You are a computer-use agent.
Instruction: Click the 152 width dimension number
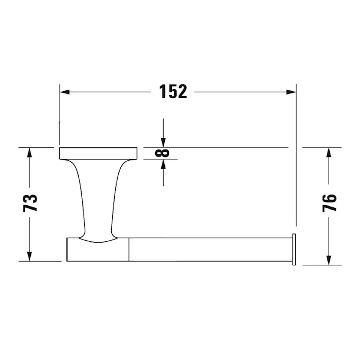pos(173,92)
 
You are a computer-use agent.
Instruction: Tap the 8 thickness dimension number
pos(164,153)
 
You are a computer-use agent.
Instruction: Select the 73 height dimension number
pos(30,203)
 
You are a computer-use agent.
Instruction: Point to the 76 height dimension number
pos(330,203)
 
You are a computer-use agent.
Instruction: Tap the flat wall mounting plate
pos(98,153)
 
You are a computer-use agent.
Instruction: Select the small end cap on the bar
pos(294,249)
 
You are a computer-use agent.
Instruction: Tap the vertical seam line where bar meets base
pos(130,250)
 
